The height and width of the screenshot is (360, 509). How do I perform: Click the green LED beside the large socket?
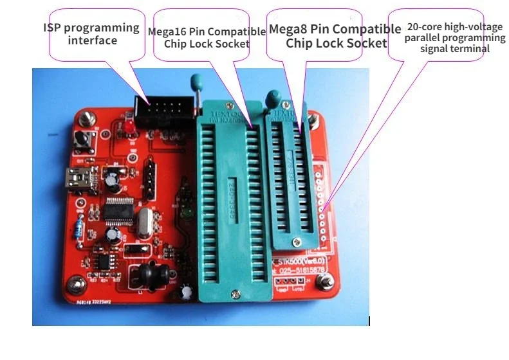(x=189, y=213)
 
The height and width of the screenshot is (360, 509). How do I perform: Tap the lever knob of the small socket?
(x=272, y=98)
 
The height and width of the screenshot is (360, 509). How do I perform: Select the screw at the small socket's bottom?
(x=295, y=241)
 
